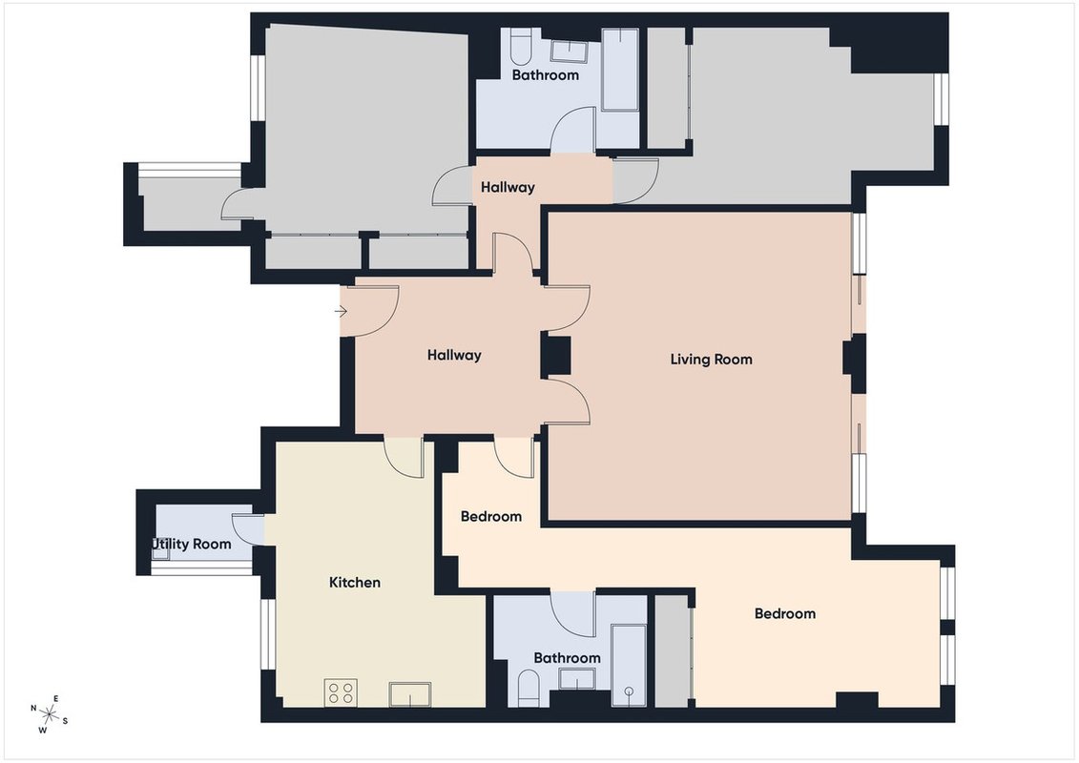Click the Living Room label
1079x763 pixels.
[711, 360]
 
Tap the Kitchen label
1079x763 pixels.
[354, 583]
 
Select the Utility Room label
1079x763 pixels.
[192, 545]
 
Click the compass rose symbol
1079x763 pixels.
[49, 714]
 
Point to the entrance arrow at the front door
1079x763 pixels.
[341, 312]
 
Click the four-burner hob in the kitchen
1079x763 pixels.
[341, 692]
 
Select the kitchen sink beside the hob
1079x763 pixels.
[410, 693]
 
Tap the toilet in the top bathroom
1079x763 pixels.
[522, 47]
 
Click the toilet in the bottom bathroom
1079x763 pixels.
[529, 689]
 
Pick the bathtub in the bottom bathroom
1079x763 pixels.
[629, 666]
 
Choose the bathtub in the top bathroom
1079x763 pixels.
[620, 69]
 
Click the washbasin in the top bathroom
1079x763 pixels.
[569, 52]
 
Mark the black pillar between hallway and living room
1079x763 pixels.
[556, 355]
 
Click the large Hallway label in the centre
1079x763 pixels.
[454, 356]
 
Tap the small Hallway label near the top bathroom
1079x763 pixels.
[508, 187]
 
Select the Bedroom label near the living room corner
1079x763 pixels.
[491, 517]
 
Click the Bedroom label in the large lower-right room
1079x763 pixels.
[785, 613]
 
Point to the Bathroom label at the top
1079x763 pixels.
[546, 75]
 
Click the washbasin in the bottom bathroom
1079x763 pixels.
[577, 678]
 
